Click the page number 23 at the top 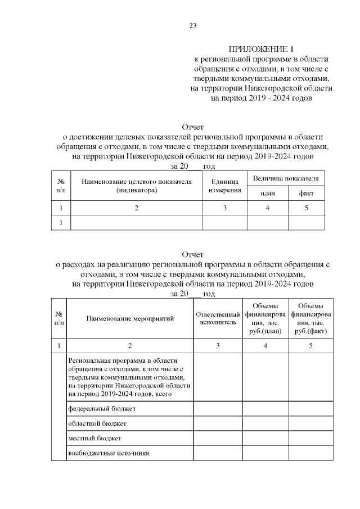point(192,25)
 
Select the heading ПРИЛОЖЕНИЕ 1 point(262,48)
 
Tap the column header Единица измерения point(225,186)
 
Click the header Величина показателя point(286,178)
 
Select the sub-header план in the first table point(267,193)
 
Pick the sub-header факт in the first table point(306,193)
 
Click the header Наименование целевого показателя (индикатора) point(136,186)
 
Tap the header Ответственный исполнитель point(218,318)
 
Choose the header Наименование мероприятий point(130,318)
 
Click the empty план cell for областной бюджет point(265,423)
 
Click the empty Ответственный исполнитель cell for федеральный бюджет point(218,408)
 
